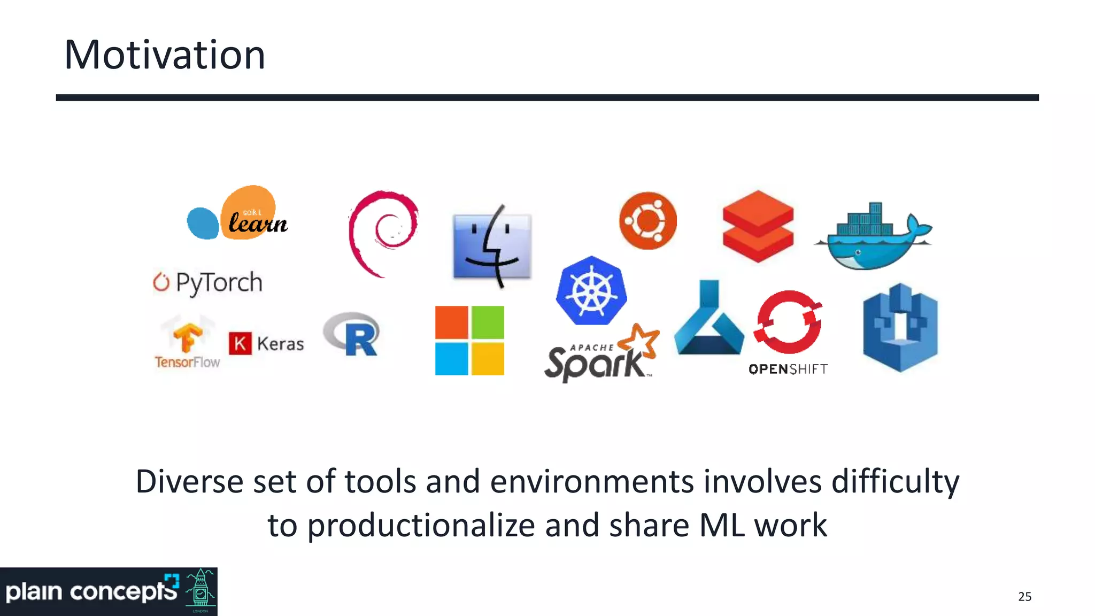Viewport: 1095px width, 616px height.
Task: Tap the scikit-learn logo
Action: (x=238, y=214)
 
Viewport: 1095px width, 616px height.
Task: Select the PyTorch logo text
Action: (x=218, y=282)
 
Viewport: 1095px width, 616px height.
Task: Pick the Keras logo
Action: (x=266, y=343)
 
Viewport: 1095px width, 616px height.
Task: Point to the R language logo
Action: (x=352, y=335)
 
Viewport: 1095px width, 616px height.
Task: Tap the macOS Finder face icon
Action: (x=492, y=246)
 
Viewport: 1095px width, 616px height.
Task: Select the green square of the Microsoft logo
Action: (x=487, y=322)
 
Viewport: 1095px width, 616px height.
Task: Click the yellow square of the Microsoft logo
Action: (x=487, y=359)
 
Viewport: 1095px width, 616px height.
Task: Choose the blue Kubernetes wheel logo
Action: (x=591, y=291)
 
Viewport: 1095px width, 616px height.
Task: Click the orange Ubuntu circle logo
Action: (x=647, y=220)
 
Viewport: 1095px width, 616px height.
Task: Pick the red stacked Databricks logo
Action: (x=758, y=226)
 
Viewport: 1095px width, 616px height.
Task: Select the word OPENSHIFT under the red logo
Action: (x=788, y=369)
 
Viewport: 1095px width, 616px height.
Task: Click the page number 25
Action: (x=1024, y=597)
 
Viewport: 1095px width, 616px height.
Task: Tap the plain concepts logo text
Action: (x=91, y=592)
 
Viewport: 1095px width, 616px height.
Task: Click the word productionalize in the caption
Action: (x=421, y=525)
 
